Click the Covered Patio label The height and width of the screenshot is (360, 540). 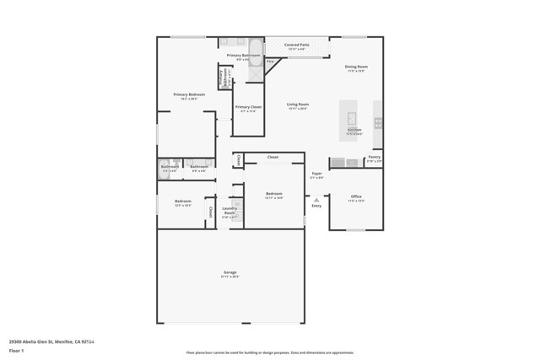[296, 45]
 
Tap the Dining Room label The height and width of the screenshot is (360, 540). [356, 67]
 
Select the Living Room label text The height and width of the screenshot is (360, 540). [297, 105]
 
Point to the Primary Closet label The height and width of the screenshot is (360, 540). [248, 107]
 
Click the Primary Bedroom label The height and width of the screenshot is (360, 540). [189, 94]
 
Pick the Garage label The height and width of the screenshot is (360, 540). [229, 272]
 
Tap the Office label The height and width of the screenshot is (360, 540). [356, 196]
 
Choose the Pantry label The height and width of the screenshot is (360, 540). [374, 157]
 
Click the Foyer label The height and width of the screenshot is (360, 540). [316, 174]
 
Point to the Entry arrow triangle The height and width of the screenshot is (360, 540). [316, 200]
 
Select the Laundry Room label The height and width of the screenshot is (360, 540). [229, 211]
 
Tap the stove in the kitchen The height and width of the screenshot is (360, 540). [378, 123]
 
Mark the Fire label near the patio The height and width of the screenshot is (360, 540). [270, 62]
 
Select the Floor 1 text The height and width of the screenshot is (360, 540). [16, 350]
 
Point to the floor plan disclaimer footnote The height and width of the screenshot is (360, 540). [270, 352]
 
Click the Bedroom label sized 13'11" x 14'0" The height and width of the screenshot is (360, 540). [274, 194]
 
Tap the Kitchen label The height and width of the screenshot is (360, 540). [354, 130]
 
